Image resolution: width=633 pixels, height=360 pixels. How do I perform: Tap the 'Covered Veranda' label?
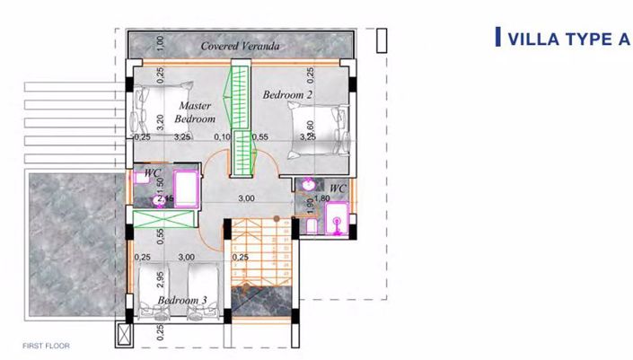tap(241, 46)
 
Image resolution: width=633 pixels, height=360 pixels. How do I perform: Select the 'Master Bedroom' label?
tap(195, 112)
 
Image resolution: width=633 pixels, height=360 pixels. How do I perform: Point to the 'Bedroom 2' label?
tap(287, 94)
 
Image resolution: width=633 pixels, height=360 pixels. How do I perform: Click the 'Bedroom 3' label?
tap(182, 299)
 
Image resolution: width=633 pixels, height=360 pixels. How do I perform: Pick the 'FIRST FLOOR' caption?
tap(47, 345)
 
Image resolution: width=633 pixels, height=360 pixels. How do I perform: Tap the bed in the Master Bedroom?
tap(161, 107)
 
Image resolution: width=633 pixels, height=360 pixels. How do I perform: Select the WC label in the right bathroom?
tap(338, 188)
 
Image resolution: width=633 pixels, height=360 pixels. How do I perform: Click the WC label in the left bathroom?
tap(153, 171)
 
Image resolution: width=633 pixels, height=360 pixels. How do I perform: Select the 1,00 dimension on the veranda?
tap(160, 42)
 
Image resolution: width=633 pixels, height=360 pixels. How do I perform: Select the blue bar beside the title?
tap(497, 38)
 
